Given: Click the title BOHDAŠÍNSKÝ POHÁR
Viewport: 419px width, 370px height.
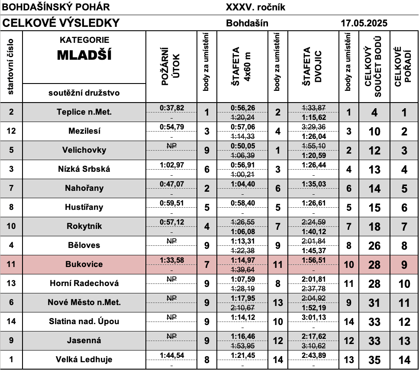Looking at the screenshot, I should [56, 7].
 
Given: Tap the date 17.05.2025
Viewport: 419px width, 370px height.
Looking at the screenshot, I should [364, 23].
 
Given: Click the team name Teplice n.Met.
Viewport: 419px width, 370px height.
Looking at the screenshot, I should [84, 112].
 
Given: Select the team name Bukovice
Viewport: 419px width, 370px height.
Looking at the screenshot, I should [84, 264].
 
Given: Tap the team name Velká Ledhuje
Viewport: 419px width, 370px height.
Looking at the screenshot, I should [84, 360].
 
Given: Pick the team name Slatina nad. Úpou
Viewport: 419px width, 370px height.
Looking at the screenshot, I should [84, 322].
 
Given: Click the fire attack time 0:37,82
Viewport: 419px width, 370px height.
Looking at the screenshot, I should [172, 108].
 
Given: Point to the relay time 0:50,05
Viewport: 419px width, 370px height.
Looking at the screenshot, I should [243, 146].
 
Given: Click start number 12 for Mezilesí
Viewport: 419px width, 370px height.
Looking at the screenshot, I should [11, 131].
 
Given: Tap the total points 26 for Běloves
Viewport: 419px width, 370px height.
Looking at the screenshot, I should [375, 246].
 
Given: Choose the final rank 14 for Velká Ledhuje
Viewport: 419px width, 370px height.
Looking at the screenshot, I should [403, 360].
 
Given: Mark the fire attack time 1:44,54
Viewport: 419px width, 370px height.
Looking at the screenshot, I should [172, 355].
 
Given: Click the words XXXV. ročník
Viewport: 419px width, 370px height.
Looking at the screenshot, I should [255, 7].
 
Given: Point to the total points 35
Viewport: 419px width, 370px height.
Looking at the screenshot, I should [375, 360].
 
